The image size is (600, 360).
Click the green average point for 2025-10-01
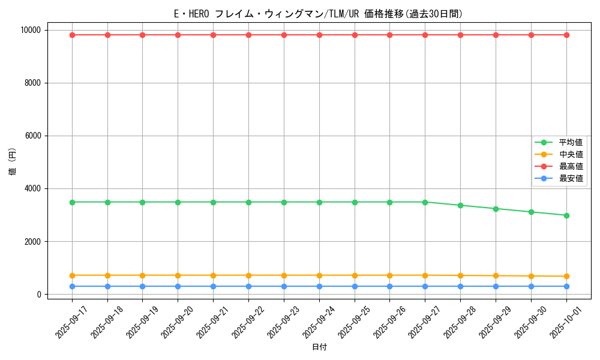click(566, 215)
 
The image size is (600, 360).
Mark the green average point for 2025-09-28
click(460, 205)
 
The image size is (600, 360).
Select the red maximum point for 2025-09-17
click(72, 35)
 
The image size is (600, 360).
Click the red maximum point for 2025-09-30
click(531, 35)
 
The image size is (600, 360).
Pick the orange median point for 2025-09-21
click(213, 275)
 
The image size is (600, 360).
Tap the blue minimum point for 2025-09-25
click(355, 286)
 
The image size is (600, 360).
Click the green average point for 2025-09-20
click(178, 202)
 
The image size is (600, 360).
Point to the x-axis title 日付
click(319, 347)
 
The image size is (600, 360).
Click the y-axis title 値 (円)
click(13, 162)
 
